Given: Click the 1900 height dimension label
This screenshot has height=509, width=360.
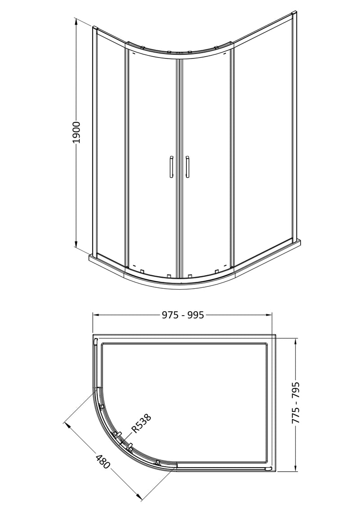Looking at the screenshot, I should [x=76, y=133].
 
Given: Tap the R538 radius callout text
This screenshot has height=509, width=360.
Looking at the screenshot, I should [x=141, y=424].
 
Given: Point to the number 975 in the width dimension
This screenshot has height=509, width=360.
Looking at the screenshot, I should [x=170, y=315].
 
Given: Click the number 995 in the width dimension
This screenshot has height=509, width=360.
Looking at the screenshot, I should [x=196, y=315].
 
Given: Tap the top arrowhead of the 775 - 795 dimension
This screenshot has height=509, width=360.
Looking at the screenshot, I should [x=296, y=338].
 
